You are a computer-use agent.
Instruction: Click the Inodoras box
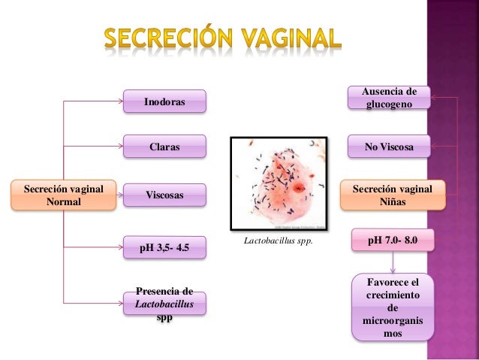(164, 101)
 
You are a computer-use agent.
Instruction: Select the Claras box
(164, 147)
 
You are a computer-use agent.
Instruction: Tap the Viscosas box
(164, 195)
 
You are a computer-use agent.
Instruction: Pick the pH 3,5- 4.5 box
(164, 247)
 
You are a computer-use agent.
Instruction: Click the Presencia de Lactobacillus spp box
(164, 304)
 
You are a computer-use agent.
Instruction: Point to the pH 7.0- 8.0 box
(392, 241)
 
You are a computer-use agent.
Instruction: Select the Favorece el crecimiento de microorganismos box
(392, 307)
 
